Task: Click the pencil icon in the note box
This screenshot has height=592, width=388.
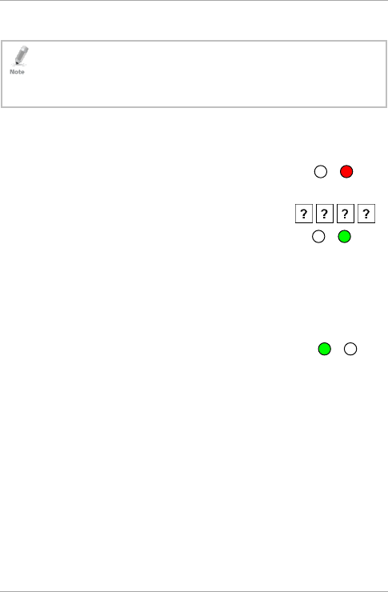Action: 21,55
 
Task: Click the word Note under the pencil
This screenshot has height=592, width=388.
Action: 17,72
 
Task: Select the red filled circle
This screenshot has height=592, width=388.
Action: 346,172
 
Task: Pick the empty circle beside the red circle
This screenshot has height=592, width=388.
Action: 321,172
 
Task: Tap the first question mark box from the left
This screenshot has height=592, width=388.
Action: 304,214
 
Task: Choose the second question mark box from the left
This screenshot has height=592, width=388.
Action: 325,214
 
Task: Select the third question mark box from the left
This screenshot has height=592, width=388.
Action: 346,214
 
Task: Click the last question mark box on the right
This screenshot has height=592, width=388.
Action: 366,214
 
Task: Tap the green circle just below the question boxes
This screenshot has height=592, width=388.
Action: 344,236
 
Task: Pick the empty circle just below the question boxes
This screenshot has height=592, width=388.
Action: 318,236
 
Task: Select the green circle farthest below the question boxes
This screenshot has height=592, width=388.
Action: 325,349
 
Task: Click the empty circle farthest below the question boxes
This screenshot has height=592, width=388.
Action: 350,349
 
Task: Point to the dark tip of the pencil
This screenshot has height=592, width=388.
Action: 16,63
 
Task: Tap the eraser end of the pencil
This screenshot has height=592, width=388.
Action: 26,48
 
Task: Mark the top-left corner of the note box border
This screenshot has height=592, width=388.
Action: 2,41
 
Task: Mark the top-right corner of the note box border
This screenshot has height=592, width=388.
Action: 386,41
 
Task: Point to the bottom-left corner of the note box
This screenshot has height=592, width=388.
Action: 2,107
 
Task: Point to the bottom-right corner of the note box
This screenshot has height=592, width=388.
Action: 386,107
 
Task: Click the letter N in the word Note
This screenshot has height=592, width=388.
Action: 12,72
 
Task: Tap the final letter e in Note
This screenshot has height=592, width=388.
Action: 22,72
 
